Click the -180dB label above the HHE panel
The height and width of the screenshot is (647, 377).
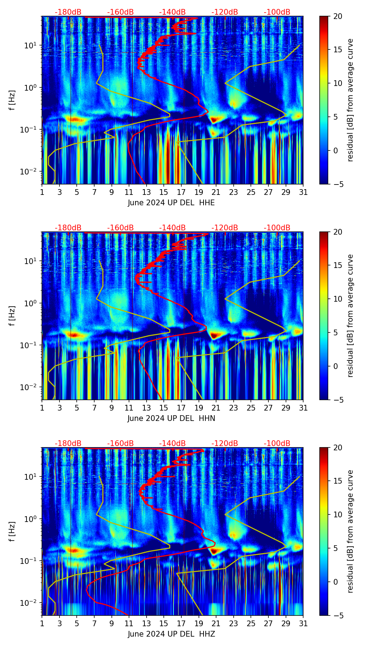click(68, 12)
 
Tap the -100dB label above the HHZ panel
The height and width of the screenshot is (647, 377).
click(277, 444)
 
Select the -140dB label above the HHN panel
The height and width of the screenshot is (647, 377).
click(172, 228)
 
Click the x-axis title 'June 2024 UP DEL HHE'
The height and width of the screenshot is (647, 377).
click(171, 203)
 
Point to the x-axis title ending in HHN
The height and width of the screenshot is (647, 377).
click(171, 418)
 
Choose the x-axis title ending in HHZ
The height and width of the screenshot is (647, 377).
click(171, 634)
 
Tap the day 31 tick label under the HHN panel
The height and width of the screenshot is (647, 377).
click(303, 408)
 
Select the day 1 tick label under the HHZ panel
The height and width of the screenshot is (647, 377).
click(42, 624)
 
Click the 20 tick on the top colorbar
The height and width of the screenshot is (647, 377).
click(338, 16)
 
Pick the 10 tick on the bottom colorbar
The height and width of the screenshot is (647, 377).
click(338, 514)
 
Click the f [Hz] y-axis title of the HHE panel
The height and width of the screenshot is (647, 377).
click(12, 100)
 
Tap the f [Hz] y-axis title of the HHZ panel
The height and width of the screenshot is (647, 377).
click(12, 532)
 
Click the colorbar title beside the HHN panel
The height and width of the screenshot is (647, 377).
click(350, 316)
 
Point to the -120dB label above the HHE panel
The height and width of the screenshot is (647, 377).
click(225, 12)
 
